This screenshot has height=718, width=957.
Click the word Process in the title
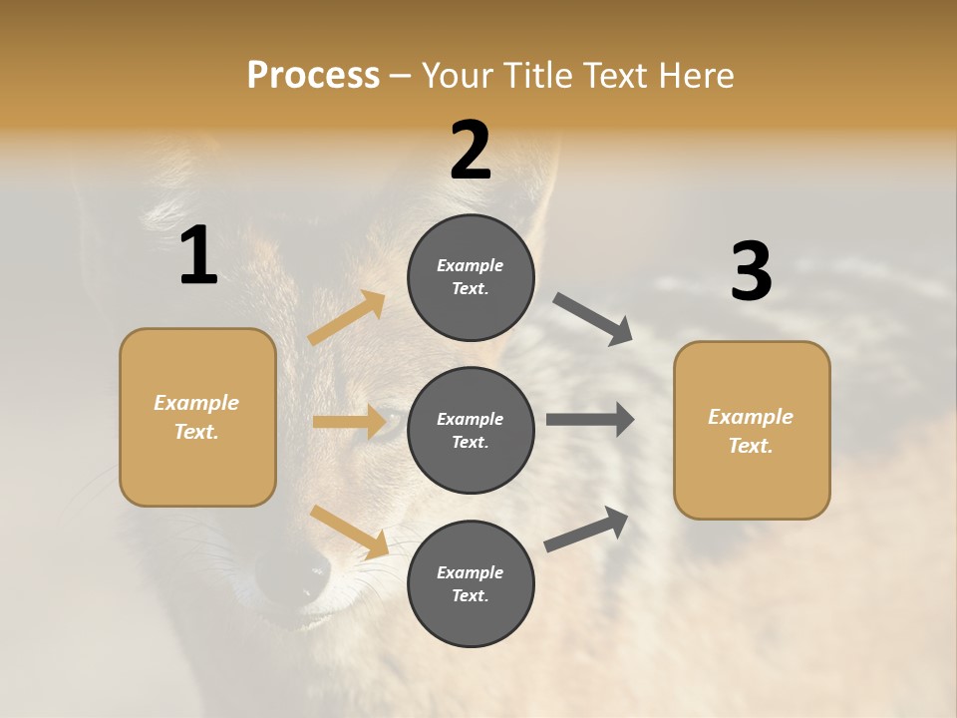(313, 75)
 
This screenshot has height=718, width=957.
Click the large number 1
(198, 256)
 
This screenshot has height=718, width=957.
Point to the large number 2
(471, 151)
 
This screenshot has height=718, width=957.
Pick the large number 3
(751, 272)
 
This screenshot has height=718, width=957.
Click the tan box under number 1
(197, 417)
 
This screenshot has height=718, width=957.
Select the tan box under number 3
(752, 431)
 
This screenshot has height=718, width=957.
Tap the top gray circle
(471, 277)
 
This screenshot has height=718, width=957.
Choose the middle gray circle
(471, 431)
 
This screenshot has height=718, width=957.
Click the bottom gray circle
(471, 584)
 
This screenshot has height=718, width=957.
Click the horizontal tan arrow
(349, 422)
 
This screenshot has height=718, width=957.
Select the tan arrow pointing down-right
(350, 532)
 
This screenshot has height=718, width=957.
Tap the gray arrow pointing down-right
(593, 318)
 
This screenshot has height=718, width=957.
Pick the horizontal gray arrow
(590, 420)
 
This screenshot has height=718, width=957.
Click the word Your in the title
(460, 75)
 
